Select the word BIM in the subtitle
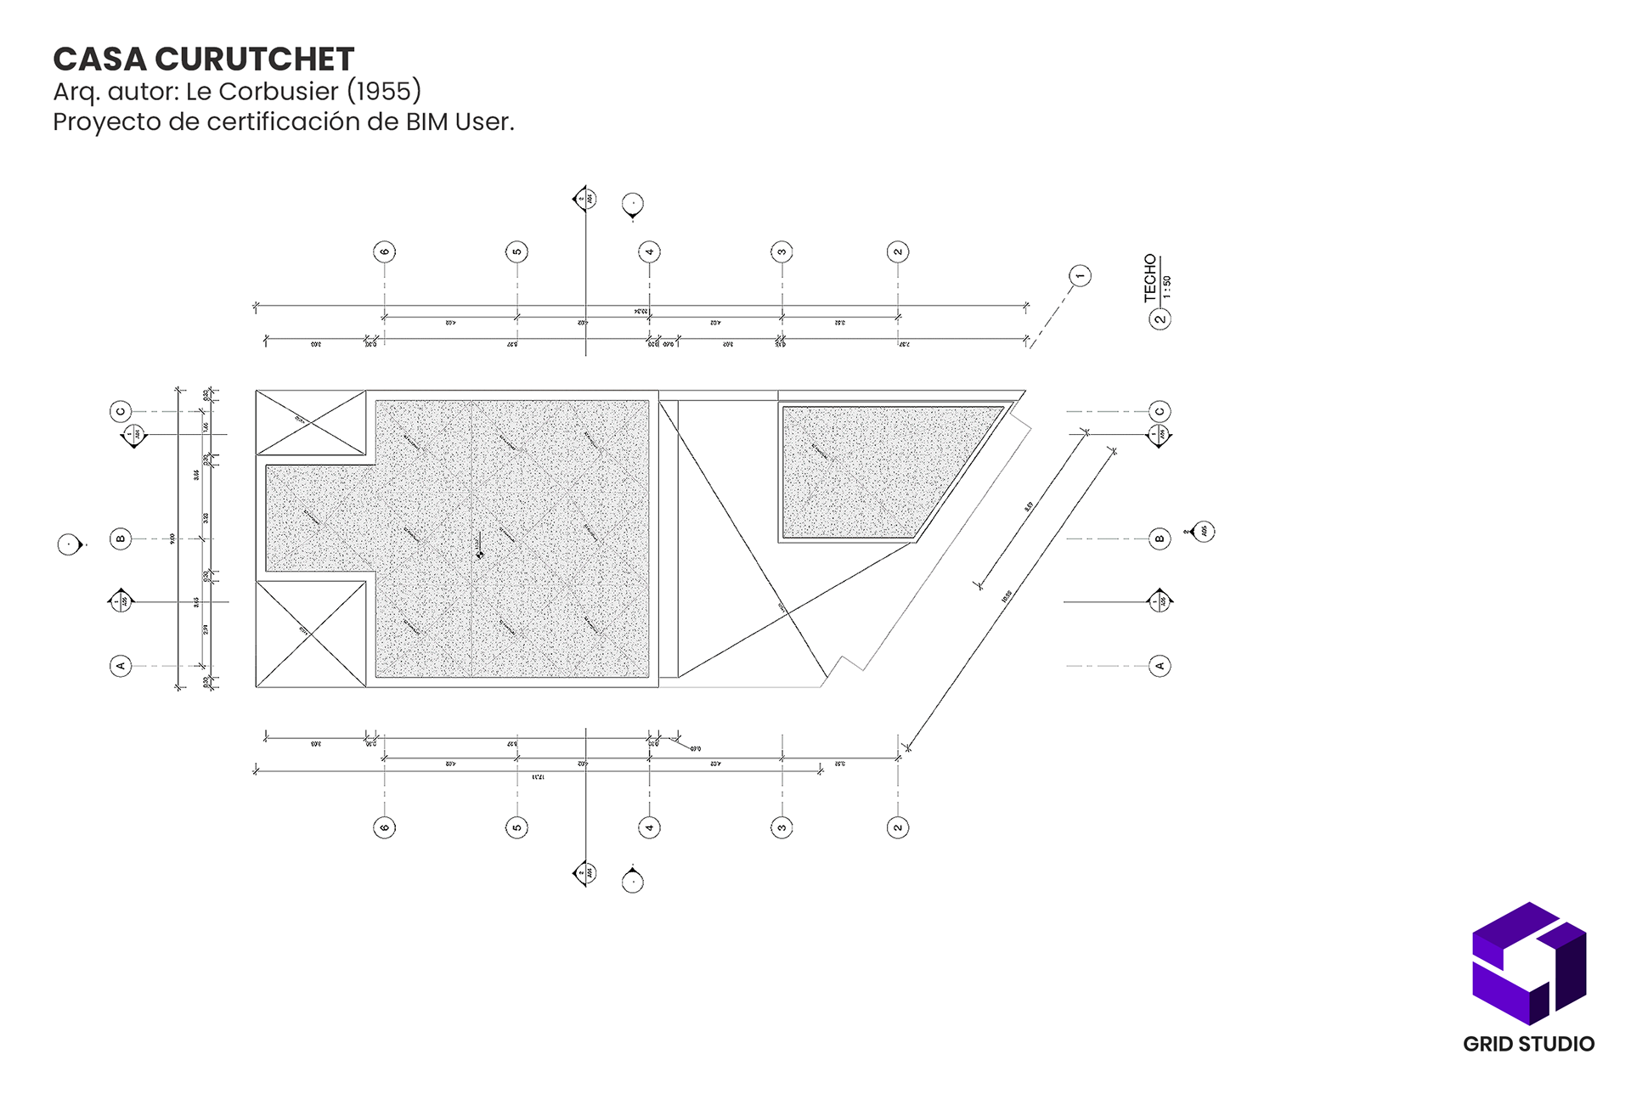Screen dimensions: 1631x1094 [x=427, y=122]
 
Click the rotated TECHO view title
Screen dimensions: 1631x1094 [x=1149, y=278]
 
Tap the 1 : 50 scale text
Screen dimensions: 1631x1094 [x=1167, y=286]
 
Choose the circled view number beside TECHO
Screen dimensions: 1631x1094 [x=1160, y=319]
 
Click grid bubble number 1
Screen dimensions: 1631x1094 [x=1080, y=275]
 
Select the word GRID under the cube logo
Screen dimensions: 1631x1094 [x=1488, y=1044]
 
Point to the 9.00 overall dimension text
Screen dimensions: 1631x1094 [x=172, y=539]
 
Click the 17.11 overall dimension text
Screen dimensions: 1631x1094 [x=538, y=776]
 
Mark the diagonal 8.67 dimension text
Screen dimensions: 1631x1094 [x=1029, y=506]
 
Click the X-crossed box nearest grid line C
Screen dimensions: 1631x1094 [x=311, y=422]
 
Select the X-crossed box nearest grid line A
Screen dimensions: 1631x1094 [x=311, y=633]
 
